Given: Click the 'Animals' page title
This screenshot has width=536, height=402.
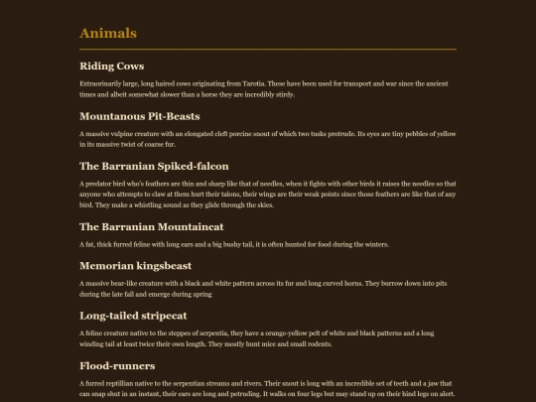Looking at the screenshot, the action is pos(107,34).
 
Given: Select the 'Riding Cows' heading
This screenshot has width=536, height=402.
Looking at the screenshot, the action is pos(111,67).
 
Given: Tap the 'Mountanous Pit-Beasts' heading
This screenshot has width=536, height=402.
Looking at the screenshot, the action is pos(139,116).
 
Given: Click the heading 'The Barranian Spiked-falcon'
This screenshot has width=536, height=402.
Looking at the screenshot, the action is pos(154,166).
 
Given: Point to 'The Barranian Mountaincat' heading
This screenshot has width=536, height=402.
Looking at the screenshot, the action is pos(150,226).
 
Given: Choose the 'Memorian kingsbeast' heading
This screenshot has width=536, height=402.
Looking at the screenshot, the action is pos(134,266).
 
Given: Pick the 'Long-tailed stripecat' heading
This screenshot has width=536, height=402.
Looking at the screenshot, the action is pos(133,316).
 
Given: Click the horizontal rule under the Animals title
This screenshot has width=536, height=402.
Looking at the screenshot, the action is pos(268,49).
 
